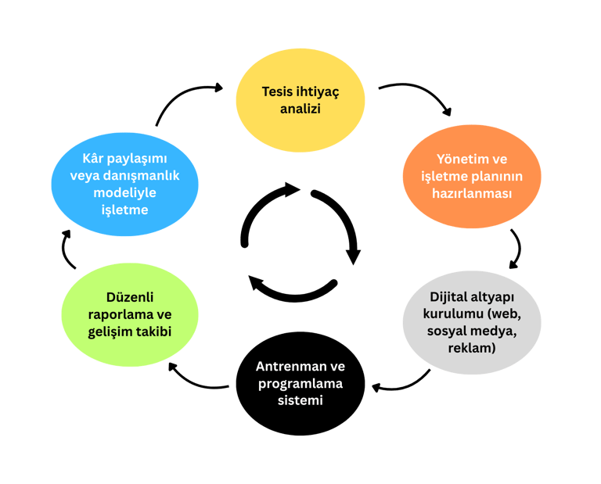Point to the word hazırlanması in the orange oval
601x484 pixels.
(x=472, y=192)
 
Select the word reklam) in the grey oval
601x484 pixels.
(x=472, y=348)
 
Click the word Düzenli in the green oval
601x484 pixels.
(x=129, y=297)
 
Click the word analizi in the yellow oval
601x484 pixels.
(x=300, y=109)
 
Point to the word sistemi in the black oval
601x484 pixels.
(x=300, y=400)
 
